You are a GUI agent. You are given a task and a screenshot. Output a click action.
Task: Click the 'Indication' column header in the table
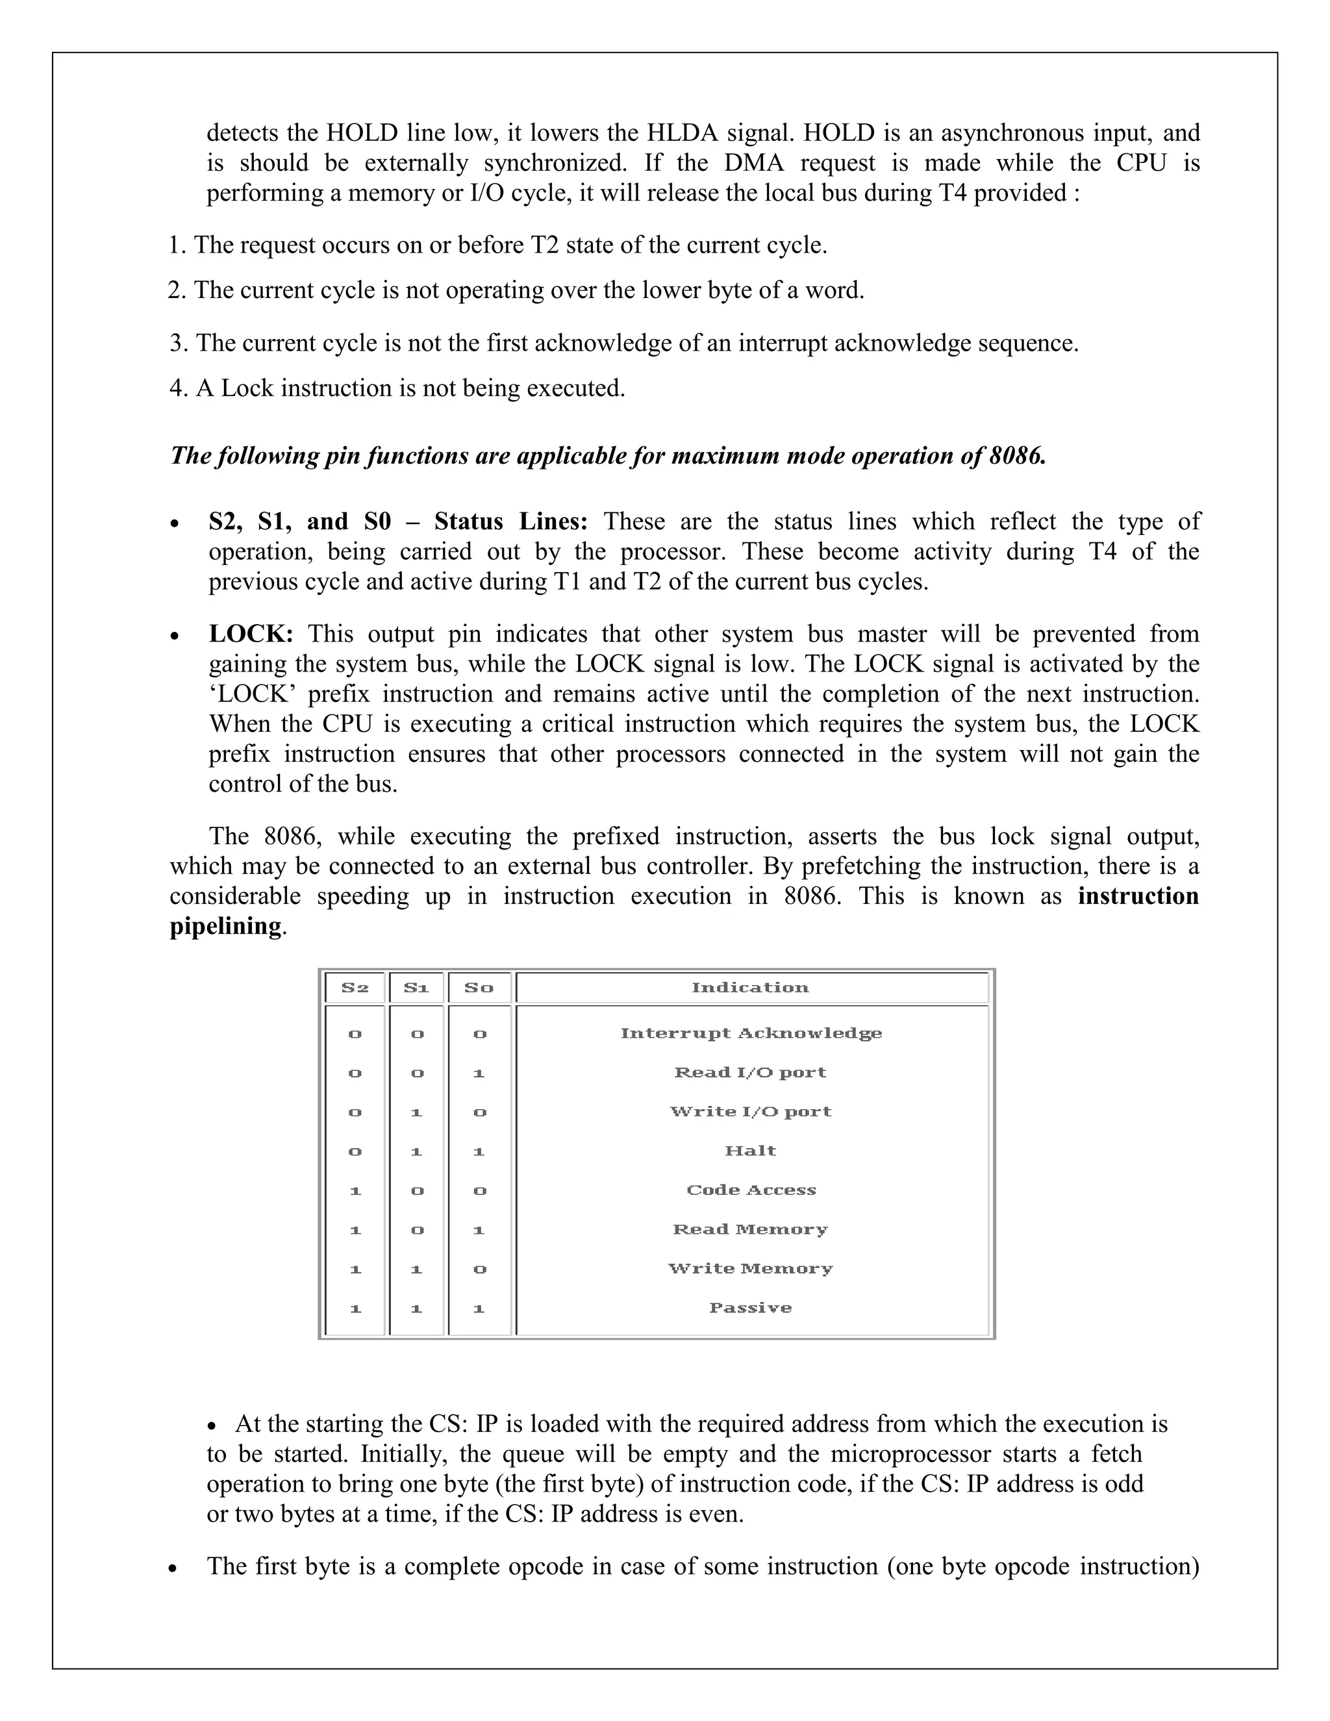pos(749,987)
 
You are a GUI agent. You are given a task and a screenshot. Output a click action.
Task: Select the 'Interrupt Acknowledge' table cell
pos(750,1033)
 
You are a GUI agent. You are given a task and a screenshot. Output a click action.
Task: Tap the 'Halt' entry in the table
pos(750,1151)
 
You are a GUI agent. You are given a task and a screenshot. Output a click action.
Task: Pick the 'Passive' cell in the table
pos(750,1307)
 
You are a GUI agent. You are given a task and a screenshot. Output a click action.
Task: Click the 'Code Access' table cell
pos(750,1190)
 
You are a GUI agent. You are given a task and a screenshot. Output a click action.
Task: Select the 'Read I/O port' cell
pos(750,1072)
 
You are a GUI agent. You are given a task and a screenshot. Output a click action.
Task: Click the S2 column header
pos(355,987)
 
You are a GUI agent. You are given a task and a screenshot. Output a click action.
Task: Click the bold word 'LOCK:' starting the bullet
pos(251,634)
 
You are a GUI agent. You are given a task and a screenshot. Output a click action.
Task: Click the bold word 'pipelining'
pos(225,926)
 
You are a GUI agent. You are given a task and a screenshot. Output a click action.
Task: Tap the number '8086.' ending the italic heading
pos(1016,455)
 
